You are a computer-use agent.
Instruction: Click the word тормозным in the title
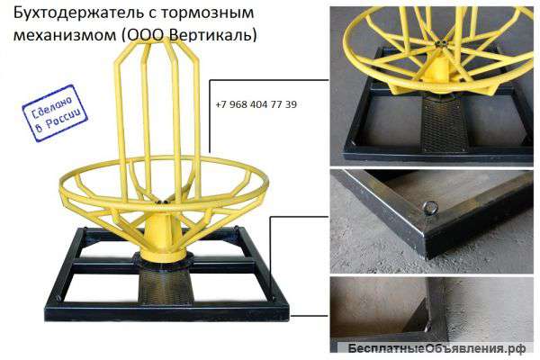[208, 14]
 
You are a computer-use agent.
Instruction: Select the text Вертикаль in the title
[217, 37]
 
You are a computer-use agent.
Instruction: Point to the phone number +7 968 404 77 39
[256, 104]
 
